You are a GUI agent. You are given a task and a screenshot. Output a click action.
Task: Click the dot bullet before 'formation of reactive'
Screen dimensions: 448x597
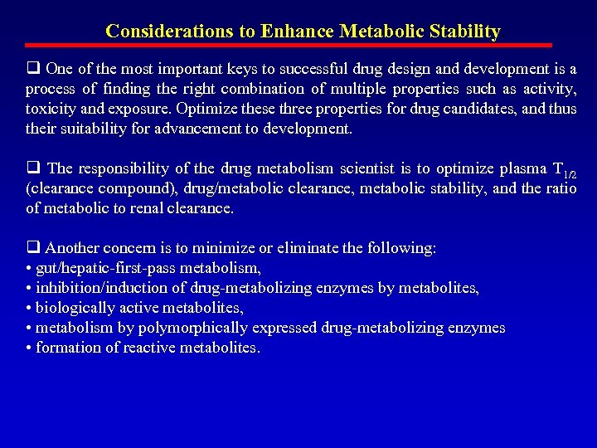point(29,348)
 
